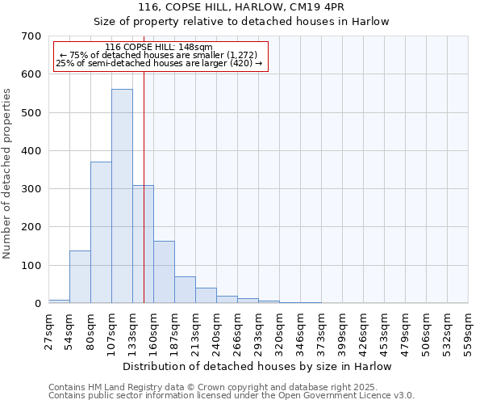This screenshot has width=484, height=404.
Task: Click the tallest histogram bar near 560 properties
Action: click(x=122, y=196)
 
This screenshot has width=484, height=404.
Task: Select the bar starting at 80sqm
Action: click(x=101, y=233)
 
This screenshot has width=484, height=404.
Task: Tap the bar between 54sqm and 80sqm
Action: click(x=80, y=277)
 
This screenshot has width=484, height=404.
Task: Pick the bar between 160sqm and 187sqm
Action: click(x=164, y=272)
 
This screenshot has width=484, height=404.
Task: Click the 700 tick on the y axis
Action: click(x=31, y=36)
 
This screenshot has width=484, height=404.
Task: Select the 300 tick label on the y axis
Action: click(x=31, y=189)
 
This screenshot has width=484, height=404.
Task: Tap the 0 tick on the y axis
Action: click(x=36, y=304)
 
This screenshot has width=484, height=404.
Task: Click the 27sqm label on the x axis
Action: click(x=48, y=330)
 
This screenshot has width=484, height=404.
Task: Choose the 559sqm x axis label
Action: click(x=469, y=330)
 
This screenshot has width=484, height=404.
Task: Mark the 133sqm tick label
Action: click(x=132, y=330)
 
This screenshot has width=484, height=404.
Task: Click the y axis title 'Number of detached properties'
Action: click(x=8, y=175)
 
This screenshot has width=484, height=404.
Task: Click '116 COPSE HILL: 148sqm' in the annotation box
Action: click(x=159, y=48)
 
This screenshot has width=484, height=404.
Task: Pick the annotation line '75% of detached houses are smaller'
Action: click(x=159, y=55)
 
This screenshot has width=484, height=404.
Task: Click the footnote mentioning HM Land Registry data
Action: click(x=213, y=387)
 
